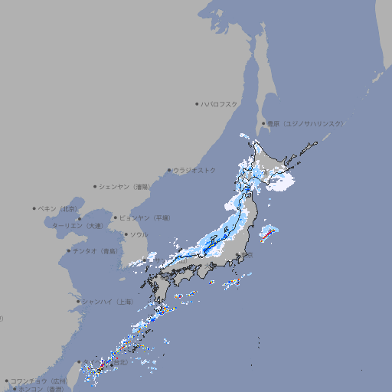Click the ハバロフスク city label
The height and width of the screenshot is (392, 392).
click(x=220, y=103)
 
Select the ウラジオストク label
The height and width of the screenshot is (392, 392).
click(x=194, y=170)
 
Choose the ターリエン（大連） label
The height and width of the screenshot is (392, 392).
click(x=77, y=226)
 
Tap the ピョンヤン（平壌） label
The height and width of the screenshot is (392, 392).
click(x=145, y=217)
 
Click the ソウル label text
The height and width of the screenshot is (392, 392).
click(x=139, y=234)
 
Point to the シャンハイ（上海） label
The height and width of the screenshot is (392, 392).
click(x=107, y=302)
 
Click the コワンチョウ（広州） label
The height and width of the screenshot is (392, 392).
click(x=39, y=381)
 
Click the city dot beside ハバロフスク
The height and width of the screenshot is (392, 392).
click(x=198, y=103)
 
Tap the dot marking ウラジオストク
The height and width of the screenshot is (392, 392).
click(x=169, y=170)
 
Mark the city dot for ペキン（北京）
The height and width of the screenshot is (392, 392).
click(x=34, y=208)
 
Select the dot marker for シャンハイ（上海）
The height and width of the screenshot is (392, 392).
click(x=78, y=302)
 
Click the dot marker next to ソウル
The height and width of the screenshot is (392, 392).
click(x=126, y=234)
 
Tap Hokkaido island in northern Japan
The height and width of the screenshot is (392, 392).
click(x=276, y=165)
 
